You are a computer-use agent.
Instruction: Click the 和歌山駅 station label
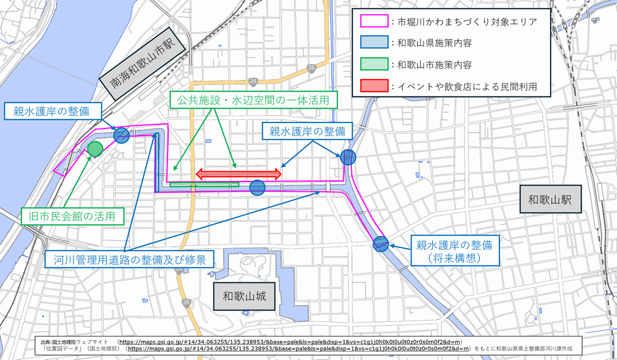550,200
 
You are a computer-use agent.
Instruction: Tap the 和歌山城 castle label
240,297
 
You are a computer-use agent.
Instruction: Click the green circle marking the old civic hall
95,148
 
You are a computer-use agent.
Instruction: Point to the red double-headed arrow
238,174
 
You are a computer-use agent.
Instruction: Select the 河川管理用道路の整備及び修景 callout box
129,259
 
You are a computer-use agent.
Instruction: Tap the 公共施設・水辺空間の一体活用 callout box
253,100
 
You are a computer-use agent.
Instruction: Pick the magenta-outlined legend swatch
374,22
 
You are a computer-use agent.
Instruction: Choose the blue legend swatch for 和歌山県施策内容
374,43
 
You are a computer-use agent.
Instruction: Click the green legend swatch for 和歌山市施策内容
374,65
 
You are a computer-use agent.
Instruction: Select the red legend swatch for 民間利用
374,86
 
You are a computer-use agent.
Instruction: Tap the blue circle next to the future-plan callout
380,244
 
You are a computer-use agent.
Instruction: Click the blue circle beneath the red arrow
257,188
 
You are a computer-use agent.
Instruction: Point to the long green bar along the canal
204,184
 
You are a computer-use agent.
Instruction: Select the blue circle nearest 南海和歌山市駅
122,135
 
